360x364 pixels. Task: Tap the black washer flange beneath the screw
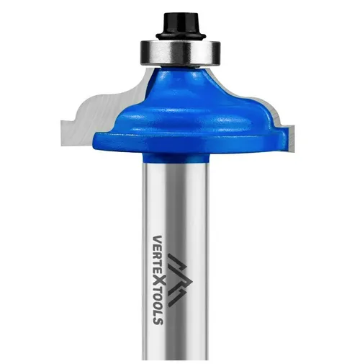181,36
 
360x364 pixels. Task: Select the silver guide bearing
181,53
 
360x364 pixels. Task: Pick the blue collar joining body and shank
175,158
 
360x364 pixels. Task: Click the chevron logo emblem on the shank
178,280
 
